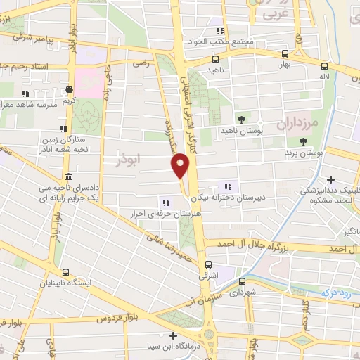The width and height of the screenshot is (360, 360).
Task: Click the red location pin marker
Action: [180, 165]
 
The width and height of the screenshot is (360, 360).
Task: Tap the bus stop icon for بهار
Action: [284, 53]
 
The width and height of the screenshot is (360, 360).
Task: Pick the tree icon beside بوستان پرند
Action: [303, 141]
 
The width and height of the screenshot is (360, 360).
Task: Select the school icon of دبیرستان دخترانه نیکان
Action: [227, 186]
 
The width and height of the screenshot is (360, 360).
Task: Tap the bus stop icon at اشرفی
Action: [207, 265]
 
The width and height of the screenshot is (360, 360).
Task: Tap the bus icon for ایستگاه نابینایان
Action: [66, 272]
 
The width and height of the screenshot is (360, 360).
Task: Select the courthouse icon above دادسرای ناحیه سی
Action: [67, 176]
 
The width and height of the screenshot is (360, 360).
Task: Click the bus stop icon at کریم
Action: [69, 89]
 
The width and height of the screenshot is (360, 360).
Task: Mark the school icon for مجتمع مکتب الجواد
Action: [220, 30]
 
